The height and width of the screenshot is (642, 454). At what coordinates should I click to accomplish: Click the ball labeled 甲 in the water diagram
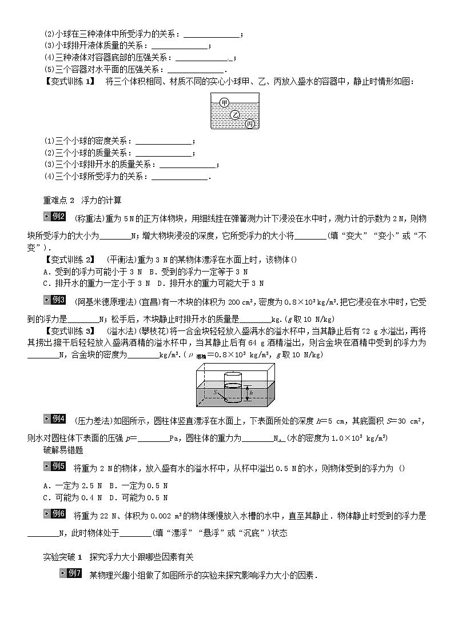pos(224,102)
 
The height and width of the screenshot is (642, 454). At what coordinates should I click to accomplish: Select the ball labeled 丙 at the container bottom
pos(249,124)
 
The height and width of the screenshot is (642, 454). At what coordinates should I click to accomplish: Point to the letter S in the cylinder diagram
pos(215,392)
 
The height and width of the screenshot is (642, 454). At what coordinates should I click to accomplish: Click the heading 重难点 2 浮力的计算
pos(82,200)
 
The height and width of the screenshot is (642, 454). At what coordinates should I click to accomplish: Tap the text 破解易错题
pos(61,449)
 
